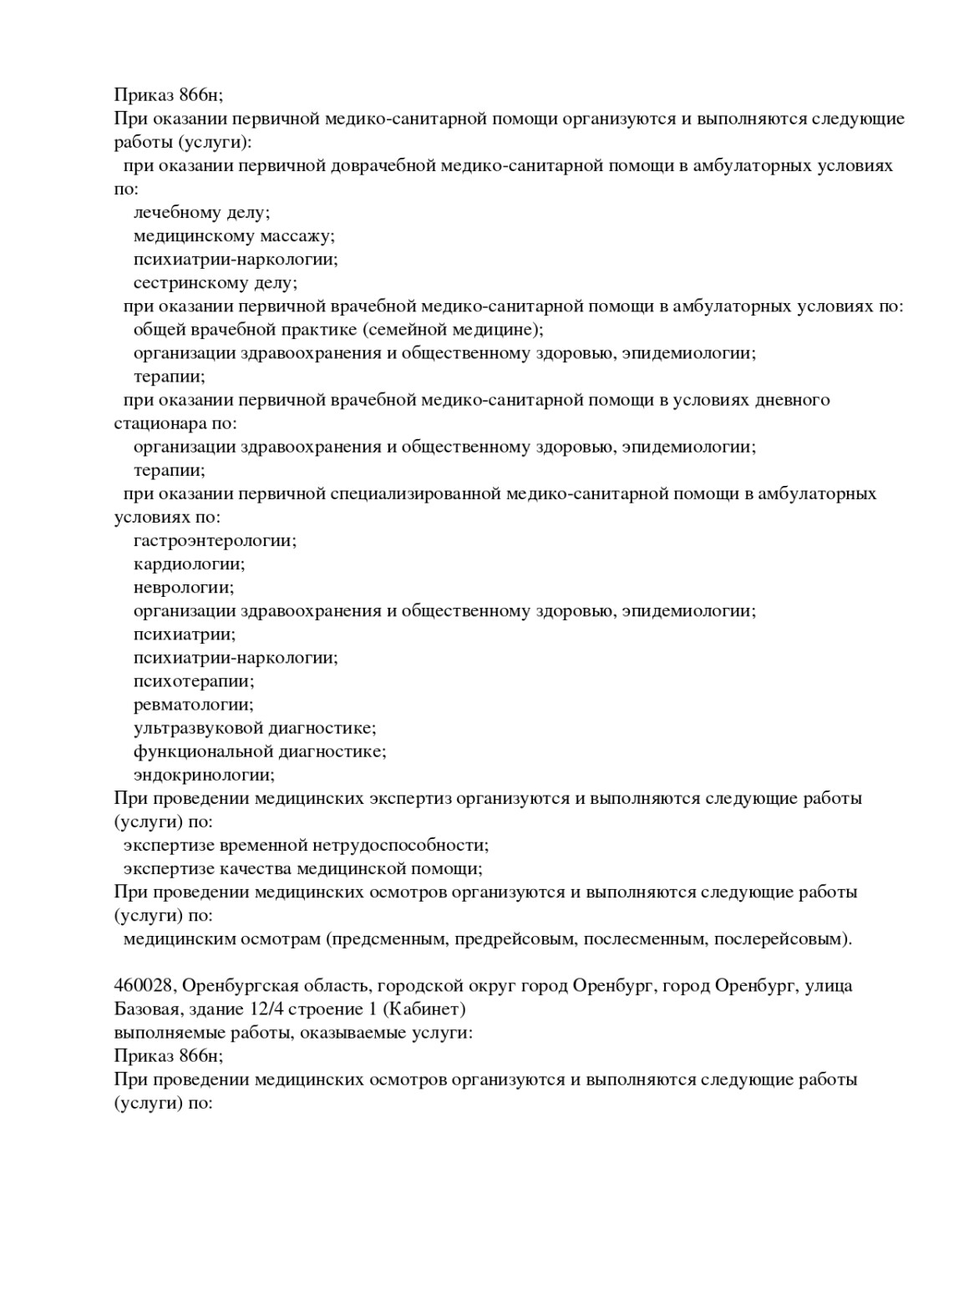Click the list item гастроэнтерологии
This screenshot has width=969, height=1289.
pyautogui.click(x=215, y=540)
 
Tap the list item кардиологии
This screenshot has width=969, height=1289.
pyautogui.click(x=189, y=564)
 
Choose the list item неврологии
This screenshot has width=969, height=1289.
pyautogui.click(x=184, y=587)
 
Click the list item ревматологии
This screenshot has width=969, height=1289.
pyautogui.click(x=193, y=705)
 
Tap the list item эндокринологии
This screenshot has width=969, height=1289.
pyautogui.click(x=204, y=775)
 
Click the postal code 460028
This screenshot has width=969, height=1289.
pyautogui.click(x=143, y=986)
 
